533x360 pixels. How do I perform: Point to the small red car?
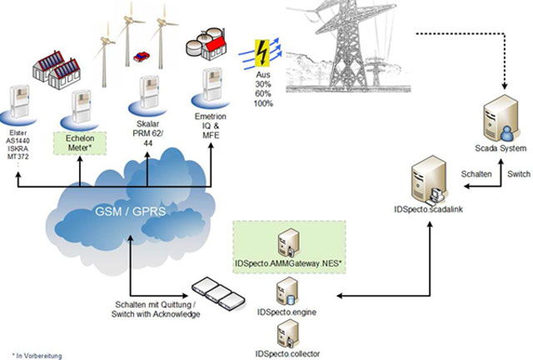[x=140, y=57]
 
